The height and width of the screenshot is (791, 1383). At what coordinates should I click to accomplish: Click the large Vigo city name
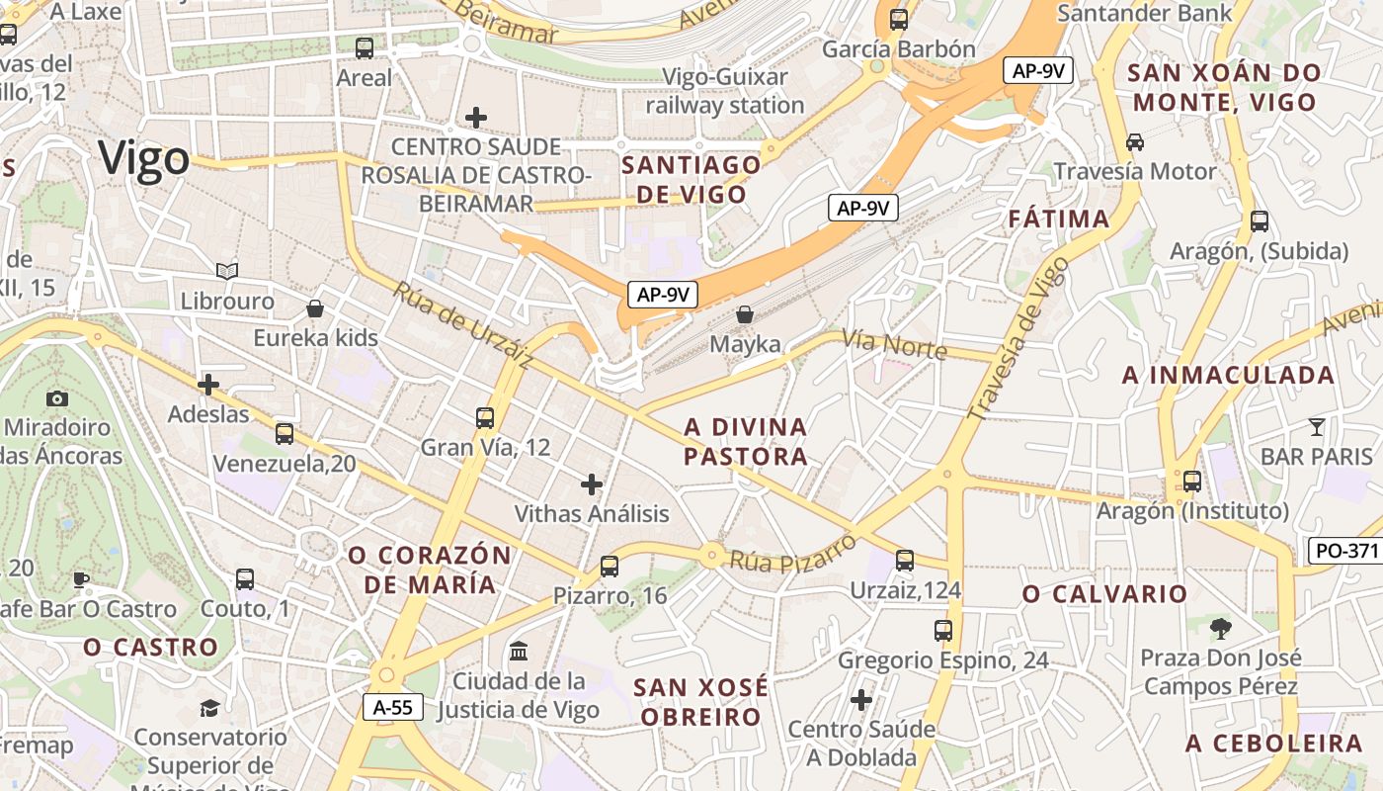[x=144, y=158]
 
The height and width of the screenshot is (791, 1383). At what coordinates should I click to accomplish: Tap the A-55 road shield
[x=393, y=707]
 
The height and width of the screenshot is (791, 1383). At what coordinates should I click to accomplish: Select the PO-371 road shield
[x=1344, y=551]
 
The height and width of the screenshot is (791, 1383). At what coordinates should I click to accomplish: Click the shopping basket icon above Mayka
[x=746, y=314]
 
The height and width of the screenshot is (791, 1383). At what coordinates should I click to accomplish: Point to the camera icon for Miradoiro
[x=57, y=398]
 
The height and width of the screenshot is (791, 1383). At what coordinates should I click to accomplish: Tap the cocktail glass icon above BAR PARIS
[x=1316, y=427]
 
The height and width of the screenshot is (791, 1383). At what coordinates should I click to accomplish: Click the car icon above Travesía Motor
[x=1135, y=141]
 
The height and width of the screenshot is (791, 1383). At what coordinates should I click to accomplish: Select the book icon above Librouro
[x=227, y=270]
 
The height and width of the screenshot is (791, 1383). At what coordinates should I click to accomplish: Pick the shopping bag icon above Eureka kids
[x=315, y=308]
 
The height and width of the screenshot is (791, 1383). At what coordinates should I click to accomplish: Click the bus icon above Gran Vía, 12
[x=484, y=417]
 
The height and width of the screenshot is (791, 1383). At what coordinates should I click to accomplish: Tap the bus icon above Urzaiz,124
[x=905, y=561]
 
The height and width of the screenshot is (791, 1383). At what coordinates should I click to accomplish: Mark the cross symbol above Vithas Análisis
[x=592, y=483]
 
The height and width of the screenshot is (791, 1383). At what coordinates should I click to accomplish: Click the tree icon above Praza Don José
[x=1221, y=627]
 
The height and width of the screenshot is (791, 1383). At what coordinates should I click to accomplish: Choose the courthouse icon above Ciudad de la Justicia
[x=518, y=651]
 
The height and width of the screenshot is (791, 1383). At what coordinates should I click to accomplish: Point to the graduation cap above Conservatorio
[x=209, y=707]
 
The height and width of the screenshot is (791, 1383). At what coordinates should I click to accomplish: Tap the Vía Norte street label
[x=894, y=344]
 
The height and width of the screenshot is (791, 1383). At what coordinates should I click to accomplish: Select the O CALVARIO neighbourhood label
[x=1104, y=594]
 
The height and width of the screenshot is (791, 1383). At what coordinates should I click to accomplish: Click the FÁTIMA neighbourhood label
[x=1059, y=220]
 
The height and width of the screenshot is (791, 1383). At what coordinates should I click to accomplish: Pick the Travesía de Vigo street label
[x=1018, y=336]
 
